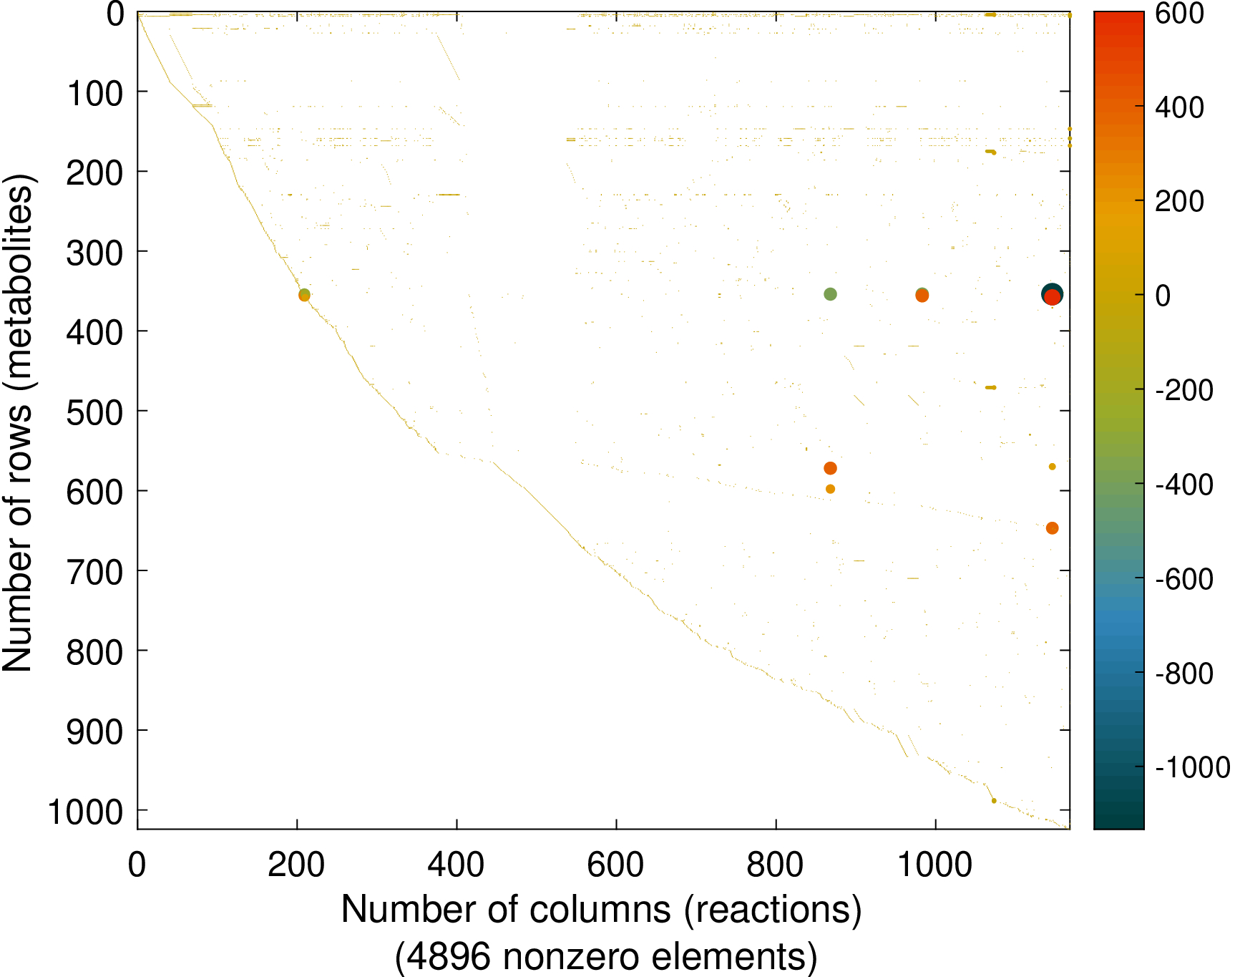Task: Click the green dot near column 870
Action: [830, 294]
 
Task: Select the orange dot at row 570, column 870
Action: [830, 468]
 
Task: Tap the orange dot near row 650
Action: [1052, 528]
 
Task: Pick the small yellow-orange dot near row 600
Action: [830, 489]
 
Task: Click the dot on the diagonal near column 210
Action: [304, 294]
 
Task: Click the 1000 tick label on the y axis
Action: [85, 812]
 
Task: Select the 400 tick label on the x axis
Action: [456, 865]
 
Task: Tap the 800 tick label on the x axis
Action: [776, 865]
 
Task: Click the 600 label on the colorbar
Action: [1180, 14]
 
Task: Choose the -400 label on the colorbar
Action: [1184, 485]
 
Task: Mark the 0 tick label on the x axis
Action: [137, 865]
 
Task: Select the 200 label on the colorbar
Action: [1180, 202]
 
